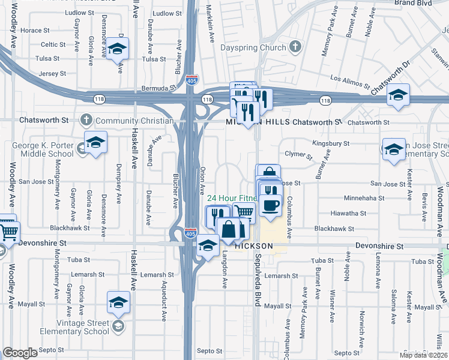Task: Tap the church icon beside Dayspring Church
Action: [295, 46]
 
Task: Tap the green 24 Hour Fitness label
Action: [232, 199]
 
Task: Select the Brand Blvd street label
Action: [414, 3]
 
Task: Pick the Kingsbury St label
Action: [331, 143]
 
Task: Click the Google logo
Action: [20, 353]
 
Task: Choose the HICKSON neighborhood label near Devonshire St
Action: [254, 247]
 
